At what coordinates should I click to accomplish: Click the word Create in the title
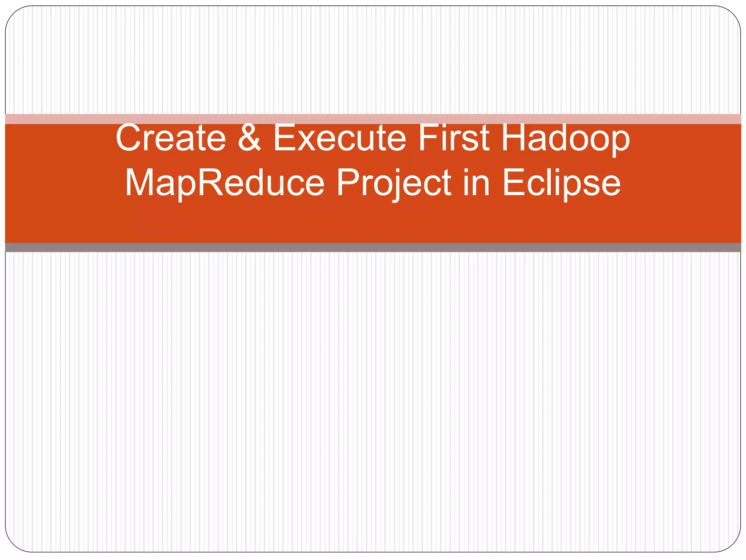(170, 139)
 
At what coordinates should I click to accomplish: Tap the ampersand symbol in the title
(250, 139)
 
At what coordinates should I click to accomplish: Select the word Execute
(339, 139)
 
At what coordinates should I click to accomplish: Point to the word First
(454, 139)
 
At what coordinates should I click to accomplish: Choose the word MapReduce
(224, 183)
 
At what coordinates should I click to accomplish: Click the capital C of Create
(129, 139)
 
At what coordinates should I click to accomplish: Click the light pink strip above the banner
(373, 119)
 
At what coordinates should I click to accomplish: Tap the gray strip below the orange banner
(373, 248)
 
